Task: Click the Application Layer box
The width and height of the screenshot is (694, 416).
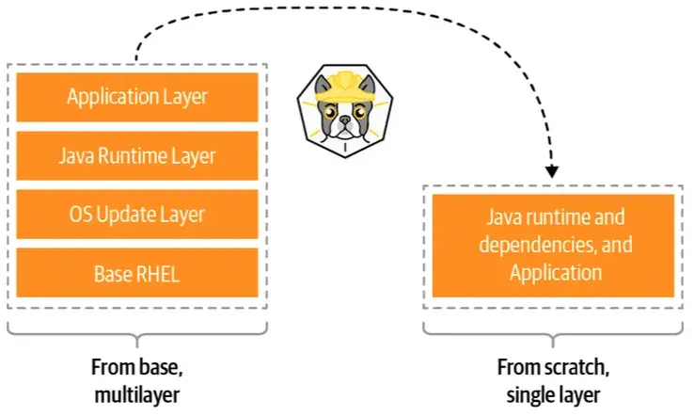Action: pyautogui.click(x=137, y=96)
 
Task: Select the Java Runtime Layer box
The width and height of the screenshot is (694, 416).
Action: pyautogui.click(x=137, y=155)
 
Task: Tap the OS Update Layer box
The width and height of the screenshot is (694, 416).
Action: pyautogui.click(x=137, y=214)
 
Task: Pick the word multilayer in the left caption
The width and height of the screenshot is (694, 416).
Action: pyautogui.click(x=137, y=390)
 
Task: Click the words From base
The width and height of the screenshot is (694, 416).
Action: pyautogui.click(x=137, y=365)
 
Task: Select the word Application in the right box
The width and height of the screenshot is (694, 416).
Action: pyautogui.click(x=555, y=273)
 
